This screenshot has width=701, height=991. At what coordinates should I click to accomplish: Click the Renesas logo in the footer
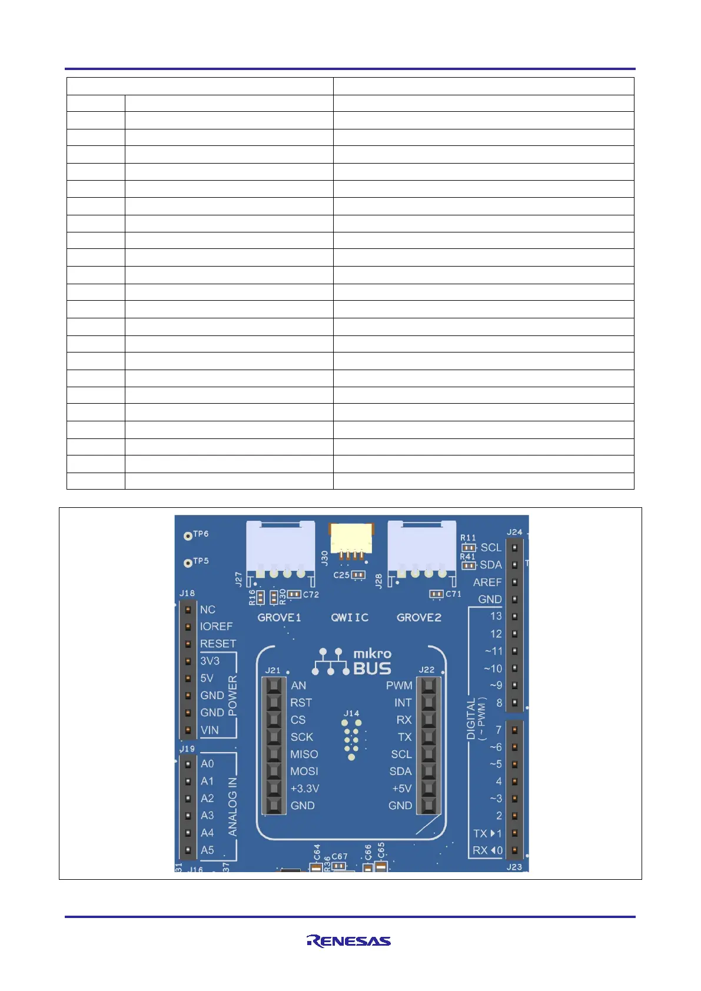point(348,940)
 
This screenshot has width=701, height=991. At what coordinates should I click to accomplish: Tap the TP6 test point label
point(201,534)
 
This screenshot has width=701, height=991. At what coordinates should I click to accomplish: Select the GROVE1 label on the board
point(279,617)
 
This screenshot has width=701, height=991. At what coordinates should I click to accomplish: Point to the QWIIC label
point(350,617)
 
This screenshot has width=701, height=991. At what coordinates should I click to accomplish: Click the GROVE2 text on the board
point(419,617)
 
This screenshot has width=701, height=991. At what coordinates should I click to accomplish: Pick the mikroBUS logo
point(353,661)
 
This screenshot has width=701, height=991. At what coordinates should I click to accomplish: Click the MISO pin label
point(304,754)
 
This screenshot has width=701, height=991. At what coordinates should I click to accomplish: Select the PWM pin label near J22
point(399,686)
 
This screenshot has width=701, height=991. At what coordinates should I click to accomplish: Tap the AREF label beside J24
point(487,582)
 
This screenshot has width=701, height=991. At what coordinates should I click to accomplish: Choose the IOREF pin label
point(216,626)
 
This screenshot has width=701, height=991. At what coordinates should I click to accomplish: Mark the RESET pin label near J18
point(218,644)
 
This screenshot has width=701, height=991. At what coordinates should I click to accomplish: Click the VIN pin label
point(210,730)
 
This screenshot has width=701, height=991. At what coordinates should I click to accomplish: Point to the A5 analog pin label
point(207,850)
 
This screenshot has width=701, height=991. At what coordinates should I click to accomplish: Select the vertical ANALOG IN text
point(232,807)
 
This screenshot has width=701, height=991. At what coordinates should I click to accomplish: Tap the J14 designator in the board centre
point(351,713)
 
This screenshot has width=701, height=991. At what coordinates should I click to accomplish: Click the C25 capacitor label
point(341,575)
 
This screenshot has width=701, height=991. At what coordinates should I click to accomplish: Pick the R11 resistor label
point(468,538)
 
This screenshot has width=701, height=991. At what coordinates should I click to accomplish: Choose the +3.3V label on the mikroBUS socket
point(305,789)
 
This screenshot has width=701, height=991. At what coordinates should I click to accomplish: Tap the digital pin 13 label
point(496,616)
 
